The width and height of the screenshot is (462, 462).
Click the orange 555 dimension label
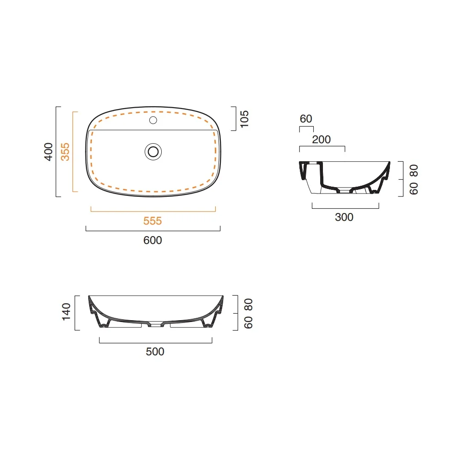pyautogui.click(x=152, y=221)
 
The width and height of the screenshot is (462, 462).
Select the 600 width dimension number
pyautogui.click(x=152, y=240)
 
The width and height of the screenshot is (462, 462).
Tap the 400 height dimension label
pyautogui.click(x=49, y=152)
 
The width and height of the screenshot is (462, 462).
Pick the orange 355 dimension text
pyautogui.click(x=65, y=152)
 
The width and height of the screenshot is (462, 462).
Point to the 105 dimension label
pyautogui.click(x=244, y=119)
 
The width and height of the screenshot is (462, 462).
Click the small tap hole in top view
pyautogui.click(x=153, y=120)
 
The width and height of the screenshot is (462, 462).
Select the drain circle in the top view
pyautogui.click(x=153, y=152)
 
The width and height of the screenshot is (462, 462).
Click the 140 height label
pyautogui.click(x=66, y=311)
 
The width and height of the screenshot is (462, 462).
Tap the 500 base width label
pyautogui.click(x=155, y=352)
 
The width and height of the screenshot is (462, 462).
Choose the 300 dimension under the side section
pyautogui.click(x=344, y=217)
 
